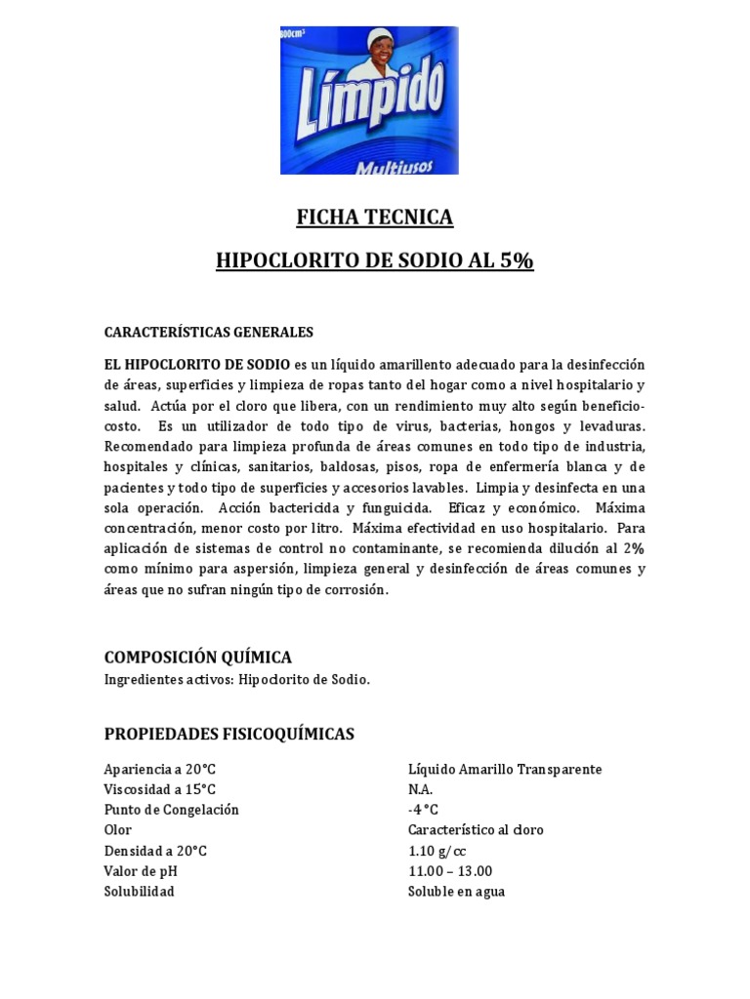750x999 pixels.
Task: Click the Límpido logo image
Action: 375,100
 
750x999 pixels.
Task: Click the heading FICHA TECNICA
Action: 375,218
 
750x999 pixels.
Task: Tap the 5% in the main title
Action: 515,261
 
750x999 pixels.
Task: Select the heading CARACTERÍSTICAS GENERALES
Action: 208,332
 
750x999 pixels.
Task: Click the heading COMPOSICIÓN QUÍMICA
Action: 197,657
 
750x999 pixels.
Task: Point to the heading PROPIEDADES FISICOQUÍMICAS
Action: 229,733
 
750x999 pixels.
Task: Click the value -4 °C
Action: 424,810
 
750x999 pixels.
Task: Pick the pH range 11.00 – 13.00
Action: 450,871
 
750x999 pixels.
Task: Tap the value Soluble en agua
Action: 456,892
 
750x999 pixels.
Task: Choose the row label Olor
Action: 117,830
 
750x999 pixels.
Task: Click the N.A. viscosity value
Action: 420,789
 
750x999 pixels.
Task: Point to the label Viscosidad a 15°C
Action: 160,789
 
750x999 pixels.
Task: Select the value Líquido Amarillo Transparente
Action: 505,769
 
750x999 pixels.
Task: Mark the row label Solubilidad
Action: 139,892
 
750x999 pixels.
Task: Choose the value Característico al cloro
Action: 476,830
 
